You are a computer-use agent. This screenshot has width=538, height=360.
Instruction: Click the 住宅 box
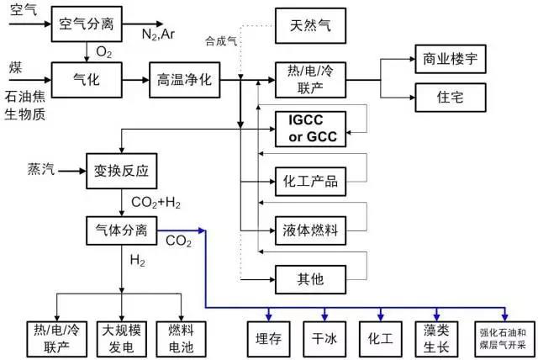point(451,97)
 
